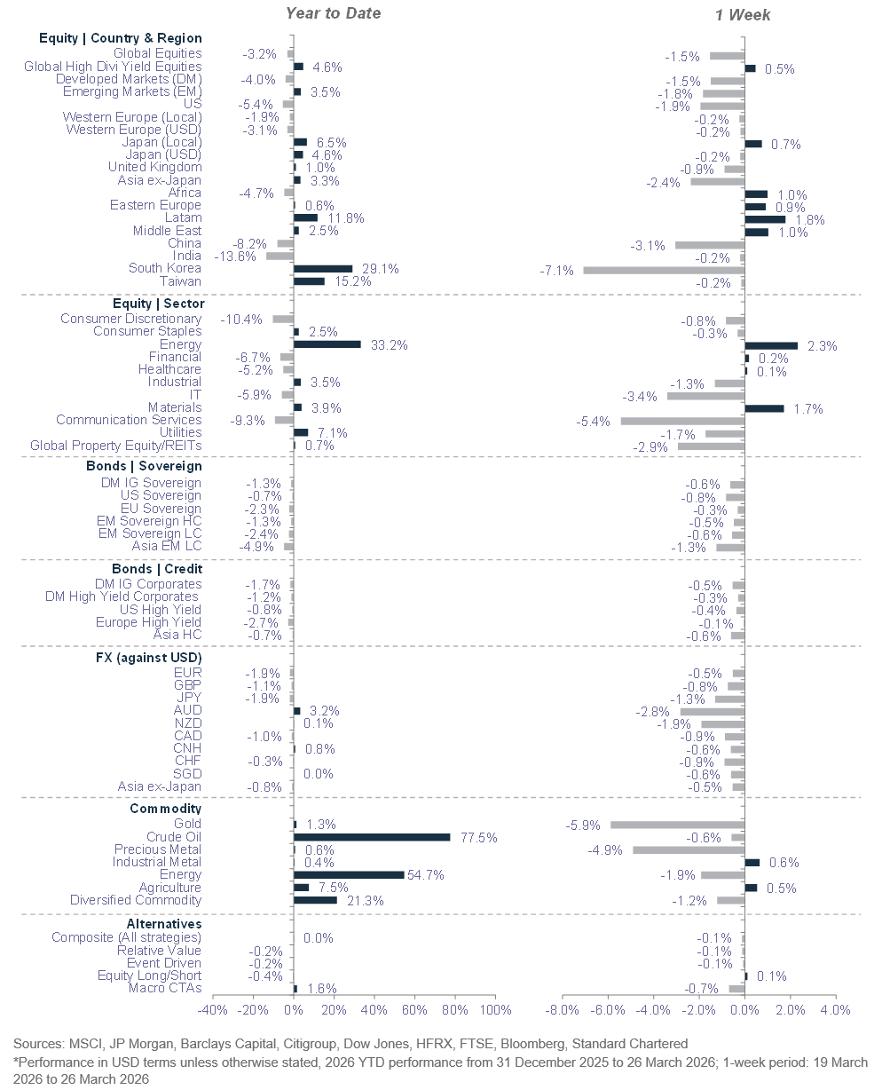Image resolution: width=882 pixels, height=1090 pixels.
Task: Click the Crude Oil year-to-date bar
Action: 371,837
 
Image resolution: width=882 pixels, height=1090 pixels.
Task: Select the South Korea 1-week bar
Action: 664,269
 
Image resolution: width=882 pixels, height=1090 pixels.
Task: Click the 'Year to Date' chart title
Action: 333,13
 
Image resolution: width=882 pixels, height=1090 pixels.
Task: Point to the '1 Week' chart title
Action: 743,14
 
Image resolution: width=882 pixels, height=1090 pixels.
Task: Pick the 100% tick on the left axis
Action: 495,1010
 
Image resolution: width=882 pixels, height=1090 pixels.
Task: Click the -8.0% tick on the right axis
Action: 564,1010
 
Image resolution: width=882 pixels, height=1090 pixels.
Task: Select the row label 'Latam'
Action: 183,218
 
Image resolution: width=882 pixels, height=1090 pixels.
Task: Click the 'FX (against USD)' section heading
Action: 148,657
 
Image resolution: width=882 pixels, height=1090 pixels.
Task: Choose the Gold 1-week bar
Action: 677,825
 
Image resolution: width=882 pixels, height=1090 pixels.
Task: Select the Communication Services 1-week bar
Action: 682,421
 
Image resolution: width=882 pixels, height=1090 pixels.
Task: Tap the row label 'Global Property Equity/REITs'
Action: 115,446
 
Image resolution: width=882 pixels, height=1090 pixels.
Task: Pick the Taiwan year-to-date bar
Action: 308,281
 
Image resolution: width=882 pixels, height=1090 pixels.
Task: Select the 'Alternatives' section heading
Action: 166,923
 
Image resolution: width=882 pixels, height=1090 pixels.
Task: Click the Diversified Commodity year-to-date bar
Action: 314,900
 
